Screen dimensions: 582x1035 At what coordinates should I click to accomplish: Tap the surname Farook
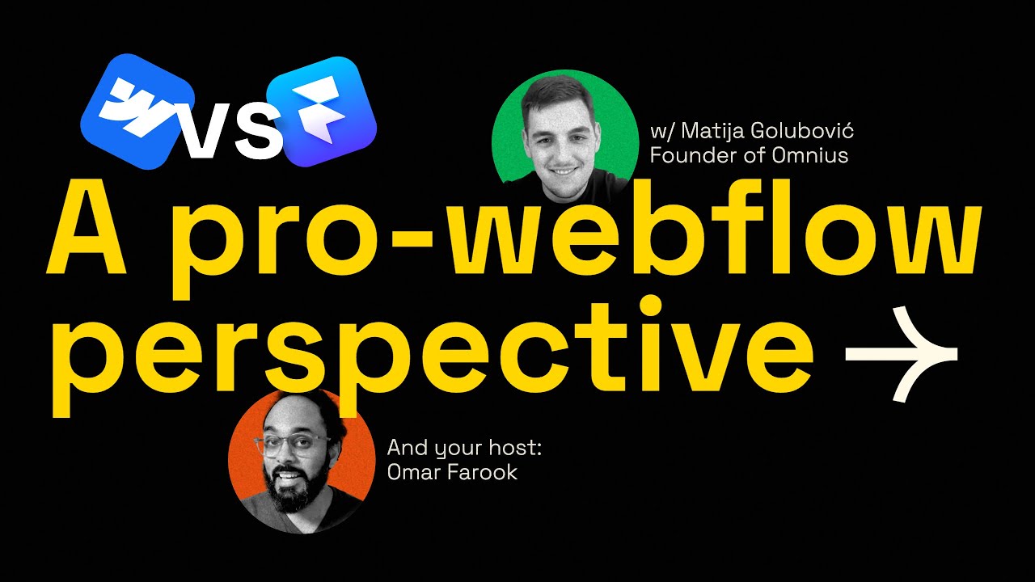pos(483,472)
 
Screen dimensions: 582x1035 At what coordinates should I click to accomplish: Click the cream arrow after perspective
pos(900,353)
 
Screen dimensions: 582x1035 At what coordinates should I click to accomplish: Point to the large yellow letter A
pos(88,234)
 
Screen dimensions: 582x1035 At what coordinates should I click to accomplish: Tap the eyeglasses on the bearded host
pos(292,446)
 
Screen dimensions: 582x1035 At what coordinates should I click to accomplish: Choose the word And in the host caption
pos(407,448)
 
